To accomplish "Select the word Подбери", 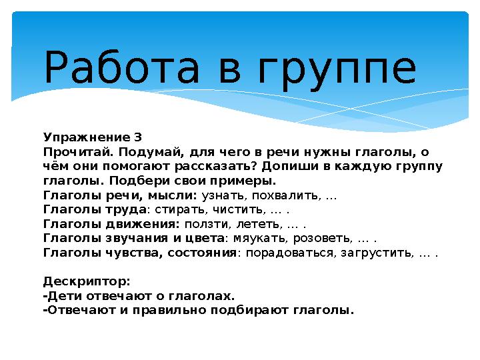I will pos(169,181).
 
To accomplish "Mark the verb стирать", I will pos(177,210).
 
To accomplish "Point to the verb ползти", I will pos(203,225).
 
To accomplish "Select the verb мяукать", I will pos(255,239).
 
